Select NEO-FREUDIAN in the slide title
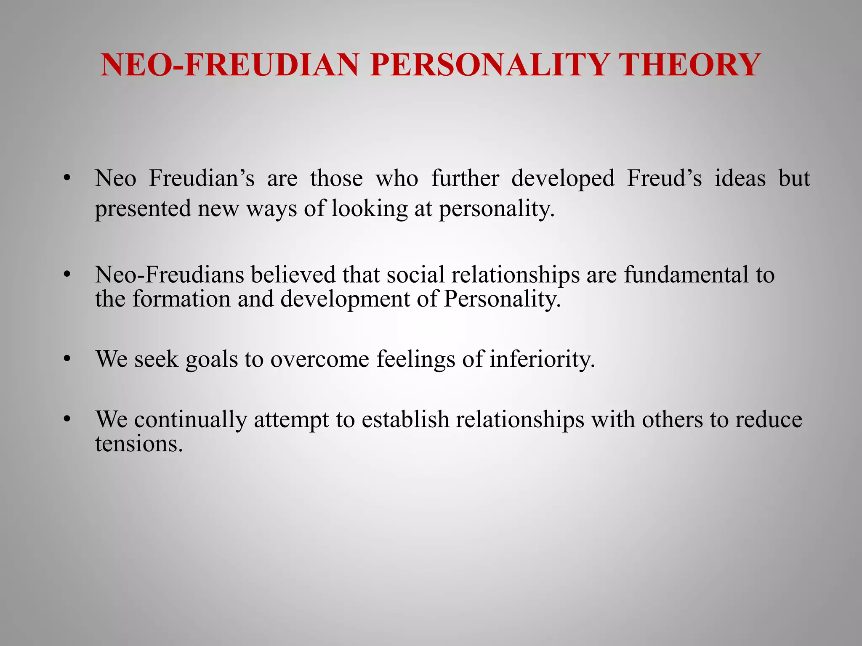pos(229,65)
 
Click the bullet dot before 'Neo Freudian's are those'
pos(66,178)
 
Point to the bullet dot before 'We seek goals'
pos(66,360)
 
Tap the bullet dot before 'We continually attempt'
pos(66,420)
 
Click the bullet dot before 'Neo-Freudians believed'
pos(66,275)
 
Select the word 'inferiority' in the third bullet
pos(542,360)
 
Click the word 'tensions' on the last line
pos(138,444)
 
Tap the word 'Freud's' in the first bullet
pos(664,178)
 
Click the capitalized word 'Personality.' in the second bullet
pos(503,299)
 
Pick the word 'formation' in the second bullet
pos(181,299)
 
